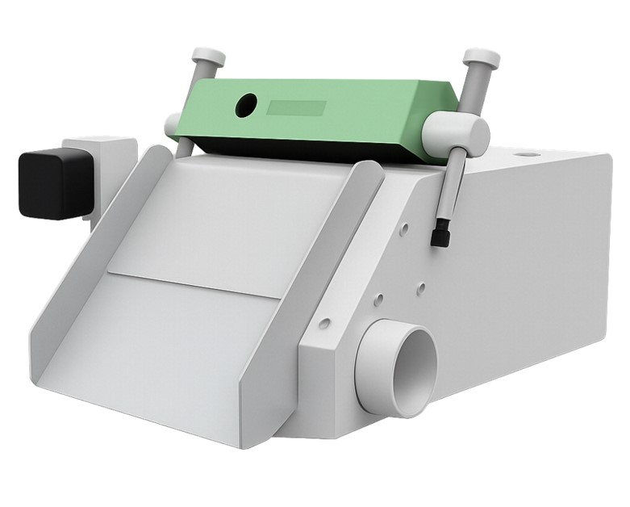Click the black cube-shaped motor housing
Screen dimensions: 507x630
53,183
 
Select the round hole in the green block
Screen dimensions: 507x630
245,105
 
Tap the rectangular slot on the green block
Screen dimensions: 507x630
296,108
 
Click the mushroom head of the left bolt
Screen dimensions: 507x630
207,57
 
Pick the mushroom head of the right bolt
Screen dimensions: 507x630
481,58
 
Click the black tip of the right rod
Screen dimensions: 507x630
439,235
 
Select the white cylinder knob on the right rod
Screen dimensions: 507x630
456,134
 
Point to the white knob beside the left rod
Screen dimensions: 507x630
173,125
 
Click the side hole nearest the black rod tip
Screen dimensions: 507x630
404,229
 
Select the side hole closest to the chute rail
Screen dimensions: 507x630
324,324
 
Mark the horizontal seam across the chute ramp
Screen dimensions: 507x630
194,285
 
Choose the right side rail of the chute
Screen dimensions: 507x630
323,266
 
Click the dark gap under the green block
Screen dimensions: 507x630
307,151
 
